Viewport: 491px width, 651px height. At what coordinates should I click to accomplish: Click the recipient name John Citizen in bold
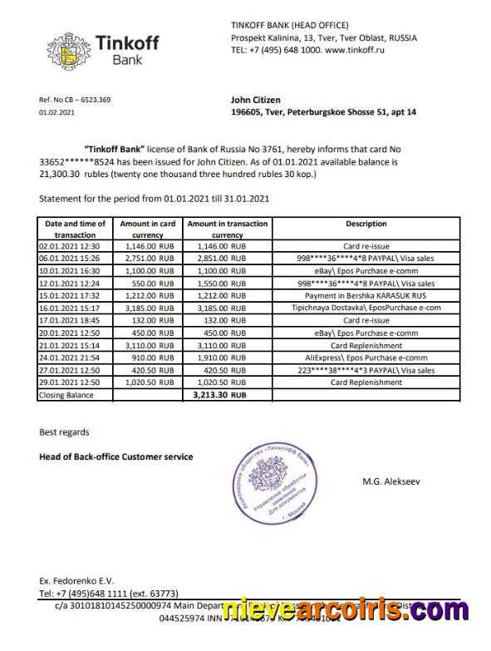tap(255, 100)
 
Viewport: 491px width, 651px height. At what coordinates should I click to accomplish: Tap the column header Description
tap(366, 224)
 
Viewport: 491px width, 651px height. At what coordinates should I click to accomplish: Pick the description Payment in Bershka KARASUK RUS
tap(366, 294)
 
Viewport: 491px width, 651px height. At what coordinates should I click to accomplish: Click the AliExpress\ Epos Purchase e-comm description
tap(366, 358)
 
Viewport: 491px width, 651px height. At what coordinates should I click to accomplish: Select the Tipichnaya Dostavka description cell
tap(366, 307)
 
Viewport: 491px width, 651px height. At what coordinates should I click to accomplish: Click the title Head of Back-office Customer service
tap(115, 456)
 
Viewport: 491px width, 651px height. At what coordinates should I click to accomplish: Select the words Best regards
tap(64, 432)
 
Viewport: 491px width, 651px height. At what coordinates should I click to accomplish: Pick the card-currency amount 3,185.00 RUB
tap(148, 307)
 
